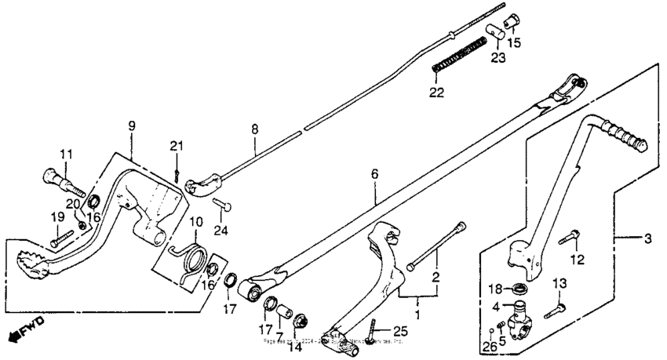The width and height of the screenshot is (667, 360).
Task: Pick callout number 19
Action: pyautogui.click(x=55, y=216)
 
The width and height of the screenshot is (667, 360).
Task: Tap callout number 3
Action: pyautogui.click(x=648, y=237)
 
